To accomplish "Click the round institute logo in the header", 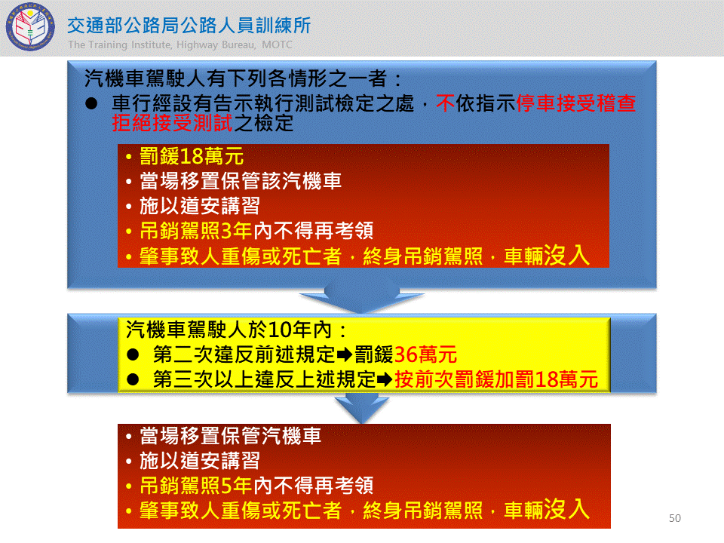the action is (30, 27).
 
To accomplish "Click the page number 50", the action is (674, 518).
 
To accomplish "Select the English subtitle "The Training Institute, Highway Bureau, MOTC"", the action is (180, 44).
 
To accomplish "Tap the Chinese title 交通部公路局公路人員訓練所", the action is (189, 26).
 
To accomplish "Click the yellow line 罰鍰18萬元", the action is (192, 157).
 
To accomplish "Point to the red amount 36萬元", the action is (425, 354).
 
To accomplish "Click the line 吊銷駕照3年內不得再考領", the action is (256, 231).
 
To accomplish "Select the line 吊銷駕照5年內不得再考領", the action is (256, 485).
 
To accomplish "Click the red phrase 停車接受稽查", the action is (575, 103).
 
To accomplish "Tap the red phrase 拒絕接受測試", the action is (172, 123).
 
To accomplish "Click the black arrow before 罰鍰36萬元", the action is (345, 355).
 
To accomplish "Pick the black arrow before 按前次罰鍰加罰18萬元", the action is (385, 380).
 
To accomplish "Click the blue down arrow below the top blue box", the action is (362, 299).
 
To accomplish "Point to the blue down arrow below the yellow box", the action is (362, 407).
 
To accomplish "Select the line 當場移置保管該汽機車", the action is (241, 181).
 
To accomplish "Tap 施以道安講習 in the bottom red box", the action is (199, 460).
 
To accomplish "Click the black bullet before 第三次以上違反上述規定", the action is (133, 379).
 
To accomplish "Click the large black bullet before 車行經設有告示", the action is (91, 103).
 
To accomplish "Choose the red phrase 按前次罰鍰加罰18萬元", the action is (496, 379).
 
